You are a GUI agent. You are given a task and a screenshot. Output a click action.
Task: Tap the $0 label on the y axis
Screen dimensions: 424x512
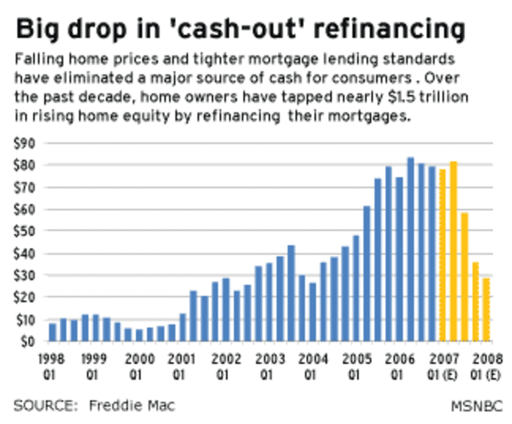click(x=27, y=341)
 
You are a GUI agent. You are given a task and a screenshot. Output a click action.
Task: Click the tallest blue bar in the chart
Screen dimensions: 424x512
click(x=410, y=249)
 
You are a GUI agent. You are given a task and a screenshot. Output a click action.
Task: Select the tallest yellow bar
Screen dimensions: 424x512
click(x=453, y=251)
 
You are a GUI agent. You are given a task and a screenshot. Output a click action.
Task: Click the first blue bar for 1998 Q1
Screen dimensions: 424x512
click(x=53, y=332)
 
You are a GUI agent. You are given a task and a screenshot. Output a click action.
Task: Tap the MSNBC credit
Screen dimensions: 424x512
click(x=474, y=405)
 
